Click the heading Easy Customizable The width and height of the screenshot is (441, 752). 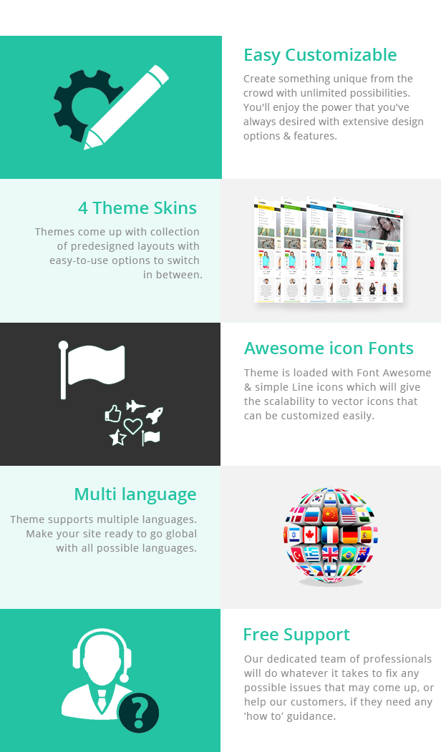click(320, 55)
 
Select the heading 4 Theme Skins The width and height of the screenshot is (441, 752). click(137, 208)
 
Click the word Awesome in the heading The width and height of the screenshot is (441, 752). click(284, 348)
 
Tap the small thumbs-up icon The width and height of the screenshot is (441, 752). click(113, 413)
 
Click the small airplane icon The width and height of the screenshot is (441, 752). click(136, 406)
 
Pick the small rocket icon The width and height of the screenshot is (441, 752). click(155, 414)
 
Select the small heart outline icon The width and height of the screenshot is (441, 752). click(133, 426)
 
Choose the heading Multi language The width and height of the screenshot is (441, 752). click(135, 494)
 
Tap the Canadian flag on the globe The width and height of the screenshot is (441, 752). click(309, 535)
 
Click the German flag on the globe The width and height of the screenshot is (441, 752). click(350, 535)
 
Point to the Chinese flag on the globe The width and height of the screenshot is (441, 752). click(330, 515)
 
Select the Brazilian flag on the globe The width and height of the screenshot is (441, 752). click(349, 555)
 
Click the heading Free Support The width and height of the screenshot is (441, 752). click(296, 635)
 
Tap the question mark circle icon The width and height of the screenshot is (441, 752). click(138, 713)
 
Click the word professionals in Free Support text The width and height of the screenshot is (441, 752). click(394, 659)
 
